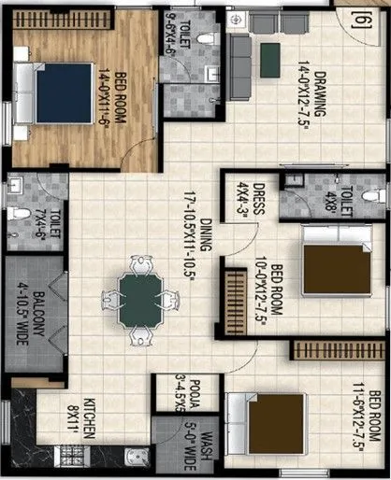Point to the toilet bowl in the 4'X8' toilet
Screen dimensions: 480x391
click(374, 197)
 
